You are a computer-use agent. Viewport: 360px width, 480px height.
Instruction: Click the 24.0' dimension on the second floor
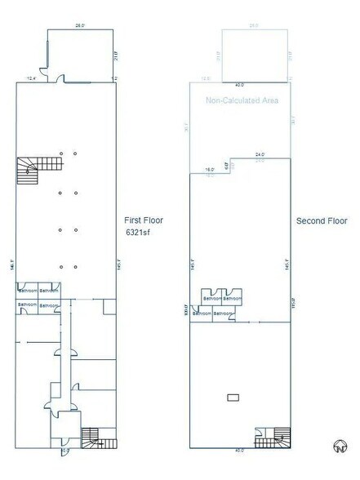(260, 153)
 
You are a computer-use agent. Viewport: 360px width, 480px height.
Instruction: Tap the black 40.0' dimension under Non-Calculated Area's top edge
(239, 84)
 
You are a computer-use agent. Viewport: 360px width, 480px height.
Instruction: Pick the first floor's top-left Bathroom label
(28, 291)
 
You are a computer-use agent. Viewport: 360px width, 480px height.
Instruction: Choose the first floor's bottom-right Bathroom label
(50, 304)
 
